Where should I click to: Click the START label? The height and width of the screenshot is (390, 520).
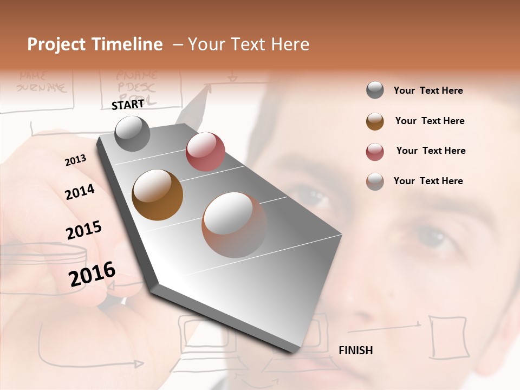pos(128,105)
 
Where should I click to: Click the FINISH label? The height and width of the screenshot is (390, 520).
pos(355,350)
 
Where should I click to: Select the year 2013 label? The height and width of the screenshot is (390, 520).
pos(75,160)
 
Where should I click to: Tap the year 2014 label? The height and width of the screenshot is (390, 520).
pos(80,192)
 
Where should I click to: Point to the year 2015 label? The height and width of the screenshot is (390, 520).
pos(84,230)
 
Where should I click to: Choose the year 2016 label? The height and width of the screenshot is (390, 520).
pos(92,274)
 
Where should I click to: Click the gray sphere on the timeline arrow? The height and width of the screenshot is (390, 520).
pos(132,133)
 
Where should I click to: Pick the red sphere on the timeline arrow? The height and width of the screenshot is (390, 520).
pos(205,152)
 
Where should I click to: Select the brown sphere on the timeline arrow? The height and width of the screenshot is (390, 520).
pos(157,195)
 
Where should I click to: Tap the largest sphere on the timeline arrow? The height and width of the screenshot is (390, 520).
pos(235,225)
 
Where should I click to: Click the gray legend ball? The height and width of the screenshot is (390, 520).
pos(375,90)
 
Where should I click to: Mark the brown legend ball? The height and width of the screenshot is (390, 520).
pos(375,121)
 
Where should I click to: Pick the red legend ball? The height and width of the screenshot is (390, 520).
pos(375,152)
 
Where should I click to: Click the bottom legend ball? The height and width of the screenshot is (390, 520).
pos(375,181)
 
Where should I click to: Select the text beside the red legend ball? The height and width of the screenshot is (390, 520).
pos(431,151)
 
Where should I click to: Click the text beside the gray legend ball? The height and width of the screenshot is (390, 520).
pos(428,90)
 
